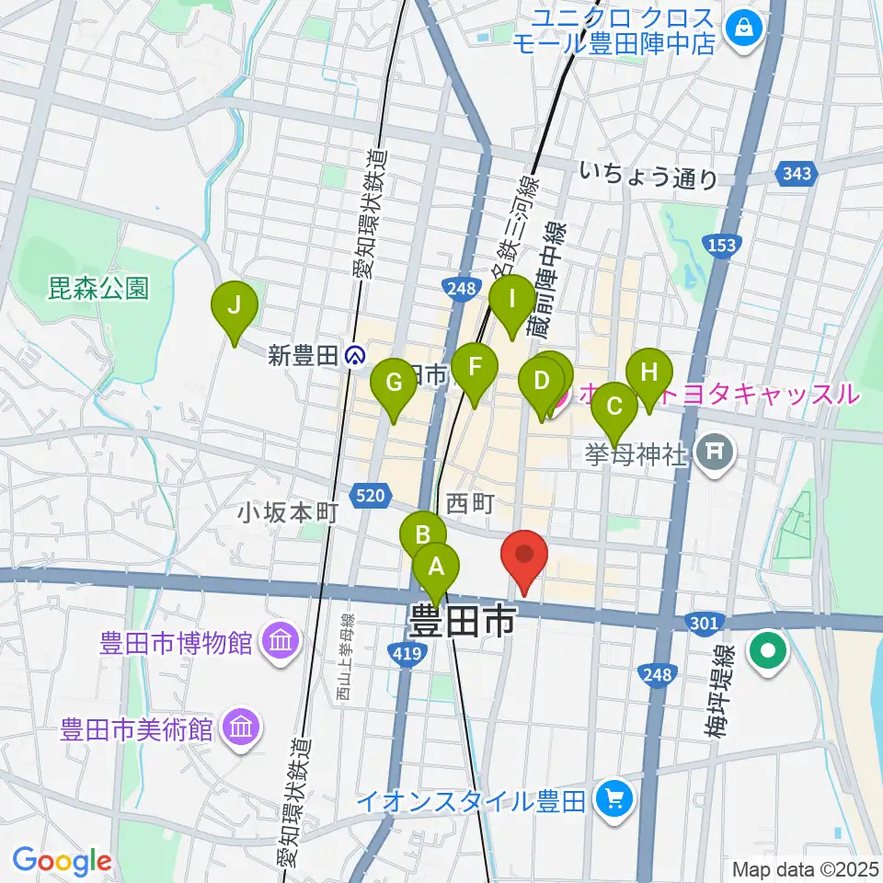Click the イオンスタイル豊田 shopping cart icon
coord(611,800)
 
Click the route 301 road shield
coord(704,625)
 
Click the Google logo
coord(62,861)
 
